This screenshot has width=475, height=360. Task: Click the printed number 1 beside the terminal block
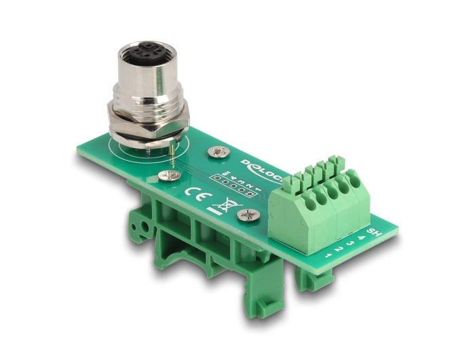coord(328,255)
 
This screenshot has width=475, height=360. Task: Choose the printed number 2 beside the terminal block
coord(339,249)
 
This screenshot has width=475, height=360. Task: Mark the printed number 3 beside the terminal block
coord(349,243)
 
